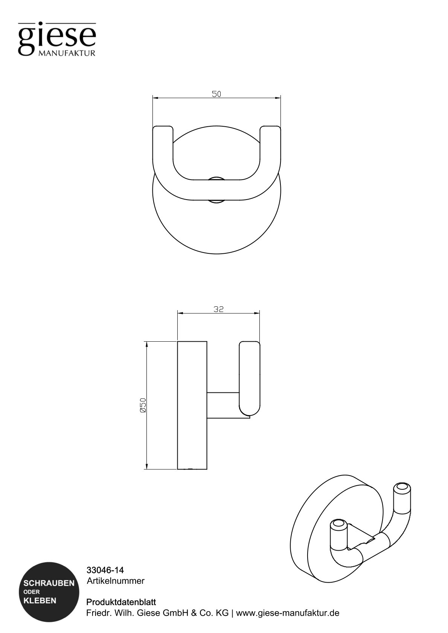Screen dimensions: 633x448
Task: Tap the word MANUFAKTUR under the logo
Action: pyautogui.click(x=67, y=53)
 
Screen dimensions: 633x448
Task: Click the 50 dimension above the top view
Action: pyautogui.click(x=216, y=94)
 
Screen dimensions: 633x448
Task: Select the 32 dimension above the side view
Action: pyautogui.click(x=218, y=309)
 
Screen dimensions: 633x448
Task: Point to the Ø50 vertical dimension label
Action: pyautogui.click(x=142, y=405)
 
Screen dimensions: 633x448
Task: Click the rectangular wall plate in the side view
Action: pyautogui.click(x=192, y=405)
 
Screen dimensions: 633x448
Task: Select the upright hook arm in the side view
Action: pyautogui.click(x=249, y=376)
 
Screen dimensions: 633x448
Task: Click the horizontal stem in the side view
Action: pyautogui.click(x=223, y=405)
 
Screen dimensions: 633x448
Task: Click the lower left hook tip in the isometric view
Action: pyautogui.click(x=338, y=525)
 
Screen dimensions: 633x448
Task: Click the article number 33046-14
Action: pyautogui.click(x=105, y=570)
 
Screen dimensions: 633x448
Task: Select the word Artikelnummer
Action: pyautogui.click(x=116, y=581)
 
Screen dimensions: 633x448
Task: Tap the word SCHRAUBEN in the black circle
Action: pyautogui.click(x=49, y=583)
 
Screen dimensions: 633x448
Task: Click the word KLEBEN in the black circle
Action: pyautogui.click(x=40, y=601)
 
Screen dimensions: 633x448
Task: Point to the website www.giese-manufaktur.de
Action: pyautogui.click(x=288, y=613)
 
